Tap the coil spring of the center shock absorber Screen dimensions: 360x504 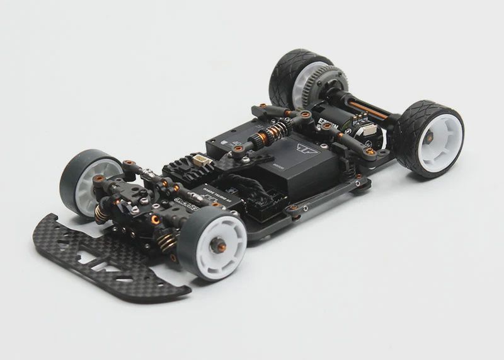click(x=273, y=134)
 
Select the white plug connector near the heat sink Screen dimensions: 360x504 click(x=200, y=162)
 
